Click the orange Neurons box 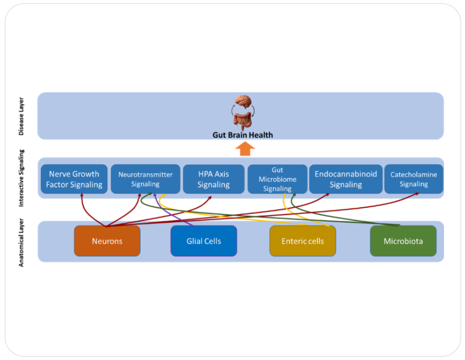point(107,241)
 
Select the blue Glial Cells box point(203,241)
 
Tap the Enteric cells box point(303,241)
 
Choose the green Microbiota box point(403,241)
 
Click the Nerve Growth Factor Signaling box point(74,179)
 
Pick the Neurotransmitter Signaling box point(145,179)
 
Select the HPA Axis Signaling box point(214,179)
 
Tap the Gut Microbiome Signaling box point(277,179)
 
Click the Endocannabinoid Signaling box point(345,179)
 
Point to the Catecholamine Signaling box point(413,179)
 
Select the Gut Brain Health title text point(243,135)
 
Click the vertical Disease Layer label point(21,116)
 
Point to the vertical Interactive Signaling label point(21,178)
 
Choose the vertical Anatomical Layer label point(21,242)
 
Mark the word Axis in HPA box point(221,174)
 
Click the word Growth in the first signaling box point(85,174)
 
